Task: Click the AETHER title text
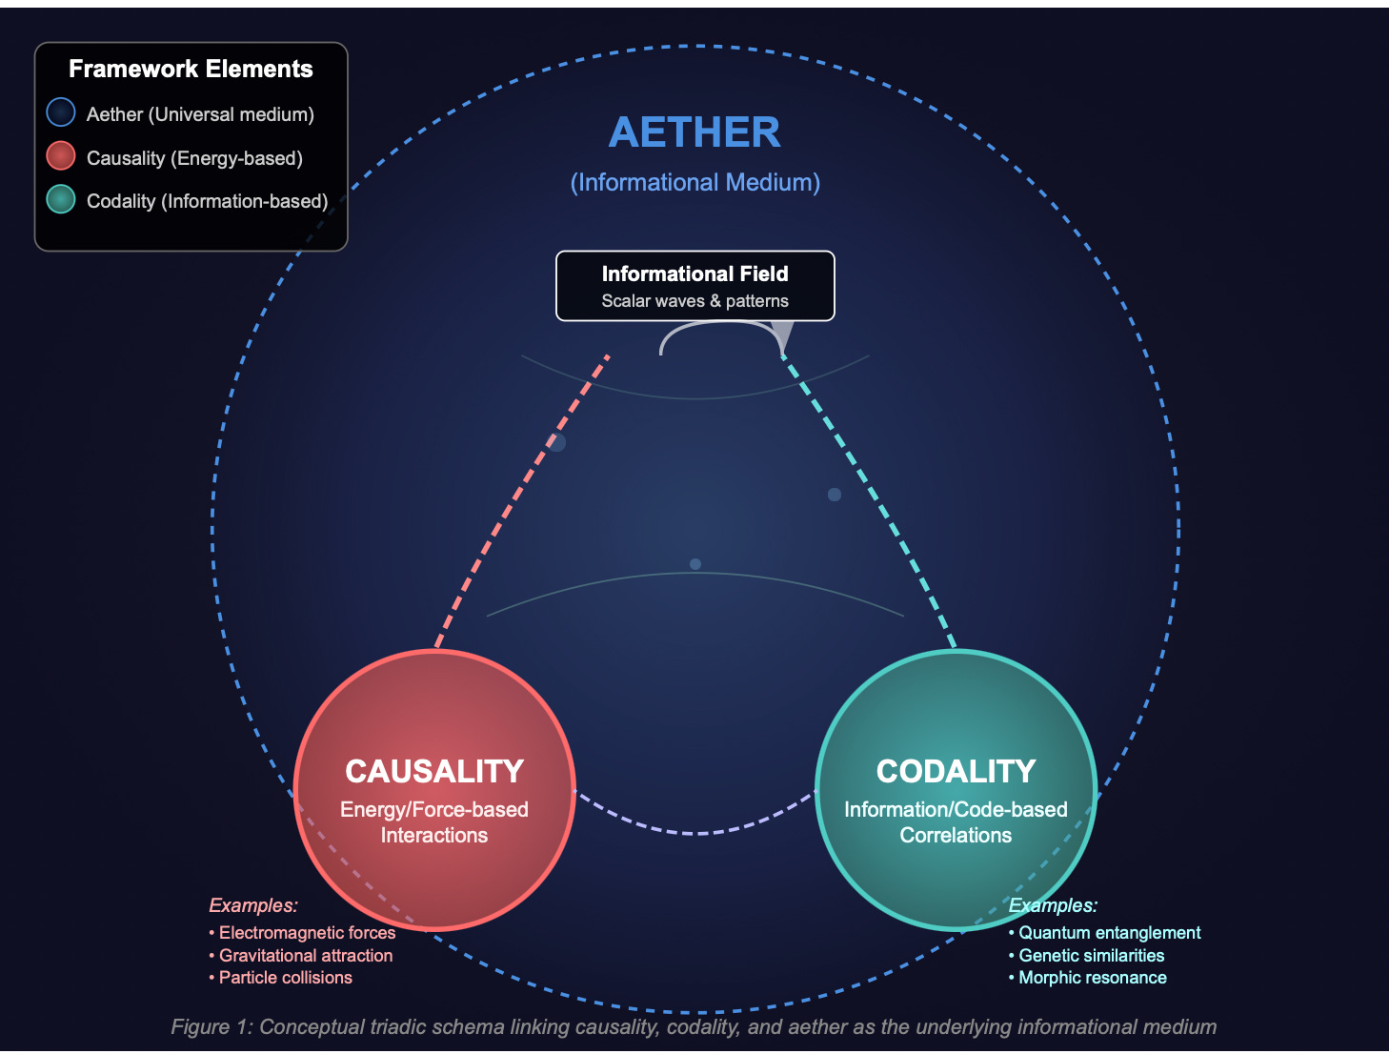click(694, 132)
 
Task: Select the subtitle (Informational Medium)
click(694, 182)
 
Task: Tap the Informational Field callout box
click(694, 285)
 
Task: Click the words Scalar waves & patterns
click(694, 301)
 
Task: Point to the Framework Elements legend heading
click(191, 69)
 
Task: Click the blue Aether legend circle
click(61, 113)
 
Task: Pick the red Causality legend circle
click(61, 156)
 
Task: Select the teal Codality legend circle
click(61, 199)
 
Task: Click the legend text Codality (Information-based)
click(207, 201)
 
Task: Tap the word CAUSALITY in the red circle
click(434, 771)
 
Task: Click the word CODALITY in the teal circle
click(956, 771)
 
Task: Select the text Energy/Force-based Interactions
click(434, 821)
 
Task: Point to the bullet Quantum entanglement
click(1109, 933)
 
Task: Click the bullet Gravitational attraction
click(305, 955)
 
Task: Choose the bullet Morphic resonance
click(1092, 978)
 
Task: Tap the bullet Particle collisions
click(285, 978)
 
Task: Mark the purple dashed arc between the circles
click(695, 833)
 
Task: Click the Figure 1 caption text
click(694, 1026)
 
